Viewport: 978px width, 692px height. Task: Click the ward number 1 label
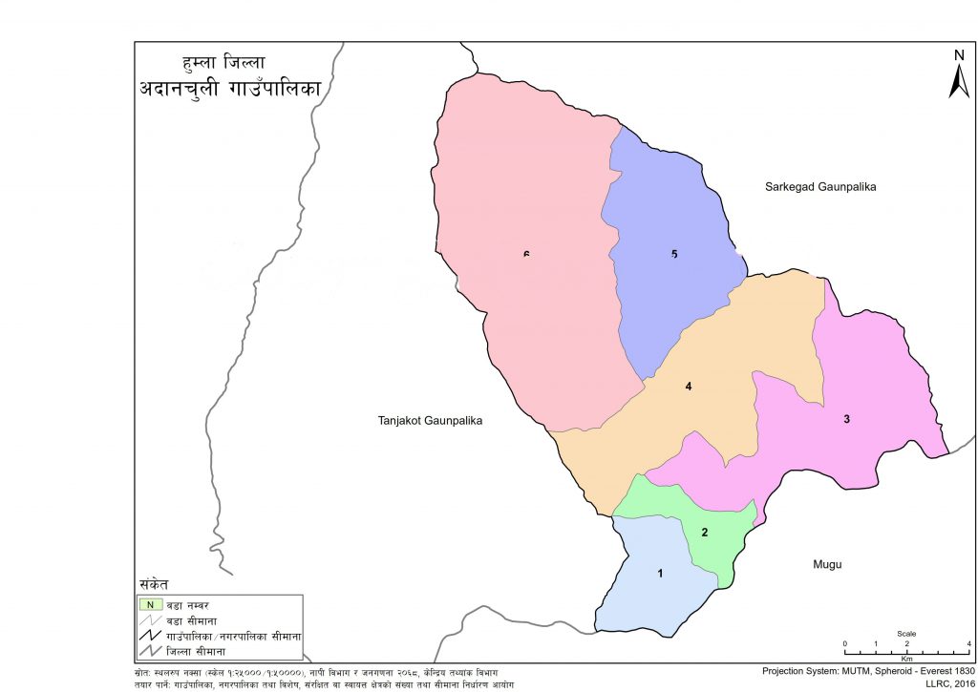coord(659,573)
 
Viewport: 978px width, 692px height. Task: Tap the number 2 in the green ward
coord(705,532)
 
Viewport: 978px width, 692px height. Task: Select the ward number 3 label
coord(846,419)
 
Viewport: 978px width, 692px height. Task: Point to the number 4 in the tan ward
coord(688,387)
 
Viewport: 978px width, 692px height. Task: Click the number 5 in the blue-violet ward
coord(674,254)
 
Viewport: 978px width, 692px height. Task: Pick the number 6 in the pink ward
coord(526,254)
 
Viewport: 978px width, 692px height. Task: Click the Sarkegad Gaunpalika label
coord(819,187)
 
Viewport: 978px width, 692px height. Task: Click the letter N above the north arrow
coord(959,55)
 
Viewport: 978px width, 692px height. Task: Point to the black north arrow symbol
coord(959,81)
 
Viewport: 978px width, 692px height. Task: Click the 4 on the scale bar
coord(969,642)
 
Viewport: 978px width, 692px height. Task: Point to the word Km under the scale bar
coord(906,659)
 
